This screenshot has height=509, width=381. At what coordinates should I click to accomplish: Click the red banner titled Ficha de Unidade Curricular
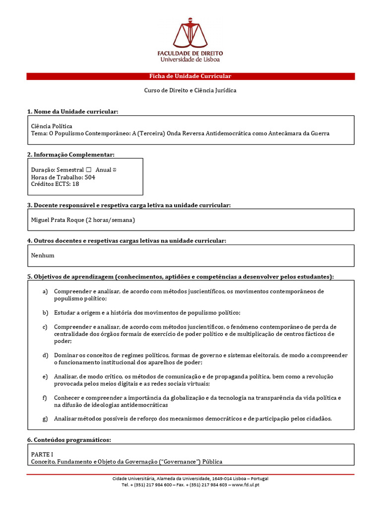(x=190, y=76)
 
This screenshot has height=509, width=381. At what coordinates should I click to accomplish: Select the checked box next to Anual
(x=114, y=170)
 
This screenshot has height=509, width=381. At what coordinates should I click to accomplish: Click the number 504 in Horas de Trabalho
(x=90, y=177)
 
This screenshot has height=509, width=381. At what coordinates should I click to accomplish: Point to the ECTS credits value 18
(x=75, y=184)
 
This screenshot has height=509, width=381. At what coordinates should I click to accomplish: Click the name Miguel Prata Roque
(x=57, y=220)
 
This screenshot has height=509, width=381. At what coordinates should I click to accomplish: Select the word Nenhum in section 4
(x=43, y=255)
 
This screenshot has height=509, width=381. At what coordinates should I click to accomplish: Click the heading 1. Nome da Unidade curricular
(x=72, y=111)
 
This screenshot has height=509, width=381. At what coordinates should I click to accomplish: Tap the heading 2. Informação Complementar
(x=71, y=155)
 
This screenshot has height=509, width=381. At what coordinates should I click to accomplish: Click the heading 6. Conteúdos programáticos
(x=69, y=440)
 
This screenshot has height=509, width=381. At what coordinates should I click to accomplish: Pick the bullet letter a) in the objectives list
(x=45, y=291)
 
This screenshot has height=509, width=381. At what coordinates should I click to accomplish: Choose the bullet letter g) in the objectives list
(x=45, y=419)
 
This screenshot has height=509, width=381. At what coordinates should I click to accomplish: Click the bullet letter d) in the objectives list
(x=45, y=355)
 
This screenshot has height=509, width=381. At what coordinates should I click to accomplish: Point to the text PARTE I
(x=42, y=454)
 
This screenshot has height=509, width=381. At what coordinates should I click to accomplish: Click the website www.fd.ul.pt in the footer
(x=246, y=485)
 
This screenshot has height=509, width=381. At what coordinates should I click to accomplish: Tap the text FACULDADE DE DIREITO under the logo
(x=190, y=53)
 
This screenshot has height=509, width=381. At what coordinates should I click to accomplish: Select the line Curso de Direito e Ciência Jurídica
(x=190, y=90)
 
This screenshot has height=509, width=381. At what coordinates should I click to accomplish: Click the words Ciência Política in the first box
(x=52, y=126)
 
